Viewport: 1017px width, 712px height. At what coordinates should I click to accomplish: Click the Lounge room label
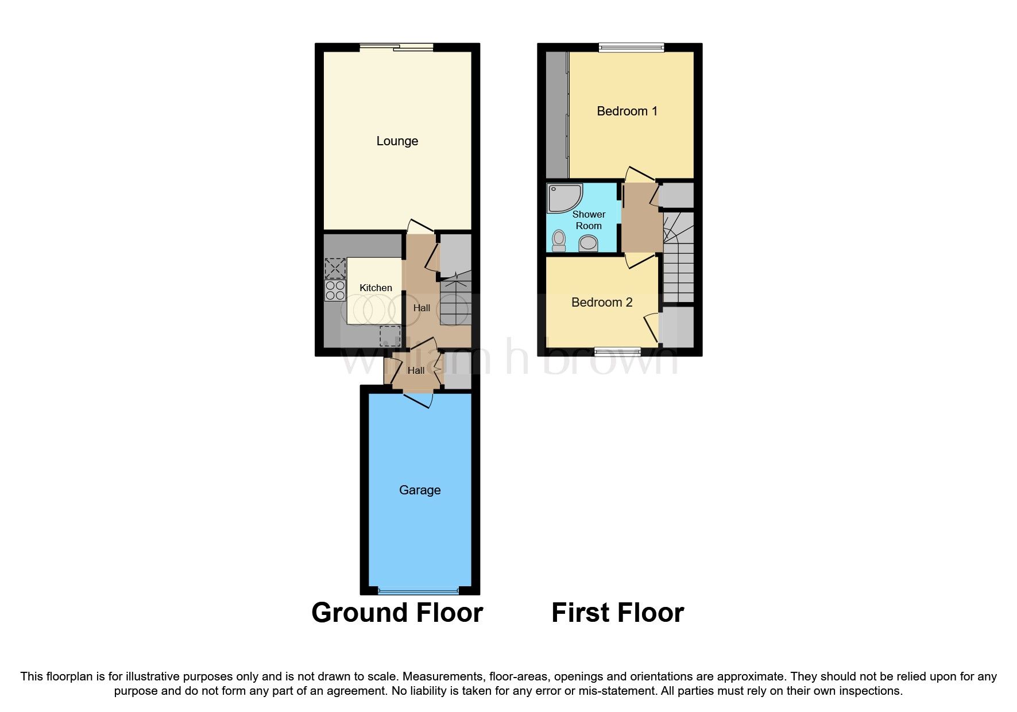coord(397,141)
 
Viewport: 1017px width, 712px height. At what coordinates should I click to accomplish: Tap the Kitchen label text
coord(376,288)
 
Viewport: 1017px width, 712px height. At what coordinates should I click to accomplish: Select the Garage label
coord(420,490)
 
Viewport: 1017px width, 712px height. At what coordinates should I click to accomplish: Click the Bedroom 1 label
coord(627,111)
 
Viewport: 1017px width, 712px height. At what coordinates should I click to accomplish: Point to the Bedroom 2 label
coord(601,303)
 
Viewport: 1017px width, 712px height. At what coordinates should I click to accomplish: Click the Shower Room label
coord(589,220)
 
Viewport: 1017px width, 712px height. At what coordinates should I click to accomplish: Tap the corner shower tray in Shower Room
coord(563,198)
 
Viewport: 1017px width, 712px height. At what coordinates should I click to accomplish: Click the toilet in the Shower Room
coord(559,241)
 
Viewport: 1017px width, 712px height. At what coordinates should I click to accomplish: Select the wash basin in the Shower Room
coord(588,245)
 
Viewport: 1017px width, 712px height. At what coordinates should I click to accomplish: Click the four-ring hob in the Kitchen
coord(335,291)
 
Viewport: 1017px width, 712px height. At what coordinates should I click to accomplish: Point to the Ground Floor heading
coord(397,613)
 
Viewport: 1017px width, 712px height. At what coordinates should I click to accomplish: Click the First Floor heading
coord(617,613)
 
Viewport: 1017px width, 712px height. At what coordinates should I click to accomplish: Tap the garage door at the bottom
coord(419,590)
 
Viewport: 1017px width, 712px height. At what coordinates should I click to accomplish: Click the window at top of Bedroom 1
coord(631,48)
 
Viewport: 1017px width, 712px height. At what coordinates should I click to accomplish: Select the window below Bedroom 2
coord(617,351)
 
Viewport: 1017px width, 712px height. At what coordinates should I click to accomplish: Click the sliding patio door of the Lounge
coord(397,48)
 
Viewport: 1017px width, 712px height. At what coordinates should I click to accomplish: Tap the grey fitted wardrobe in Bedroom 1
coord(556,115)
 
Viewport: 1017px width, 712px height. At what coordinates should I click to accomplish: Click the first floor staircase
coord(678,258)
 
